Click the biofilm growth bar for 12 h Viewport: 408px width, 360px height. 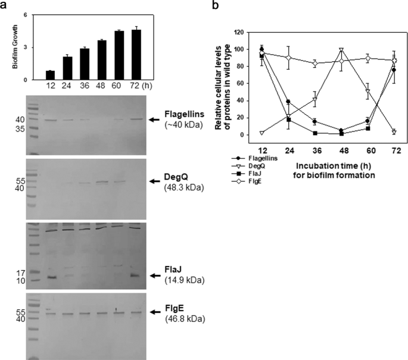(x=50, y=75)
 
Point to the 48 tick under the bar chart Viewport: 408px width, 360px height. (x=102, y=85)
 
